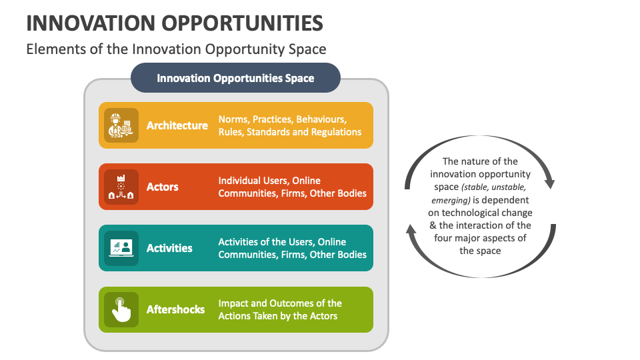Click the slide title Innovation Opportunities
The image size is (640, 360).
(x=175, y=23)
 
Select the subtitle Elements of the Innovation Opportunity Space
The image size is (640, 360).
(x=176, y=49)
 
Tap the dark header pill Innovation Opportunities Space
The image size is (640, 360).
(x=235, y=78)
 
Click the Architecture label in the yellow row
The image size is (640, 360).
(x=177, y=125)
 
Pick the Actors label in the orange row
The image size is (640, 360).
(x=163, y=187)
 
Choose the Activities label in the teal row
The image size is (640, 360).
(x=169, y=248)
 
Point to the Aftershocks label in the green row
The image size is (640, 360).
(x=175, y=309)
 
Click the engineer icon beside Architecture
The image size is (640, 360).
(x=121, y=125)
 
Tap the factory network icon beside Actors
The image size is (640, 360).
(x=121, y=187)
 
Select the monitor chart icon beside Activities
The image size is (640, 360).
(x=121, y=248)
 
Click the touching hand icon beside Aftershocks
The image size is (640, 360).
(x=121, y=309)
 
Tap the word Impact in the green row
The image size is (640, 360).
(x=234, y=303)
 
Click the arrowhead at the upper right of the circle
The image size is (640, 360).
(x=549, y=181)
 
